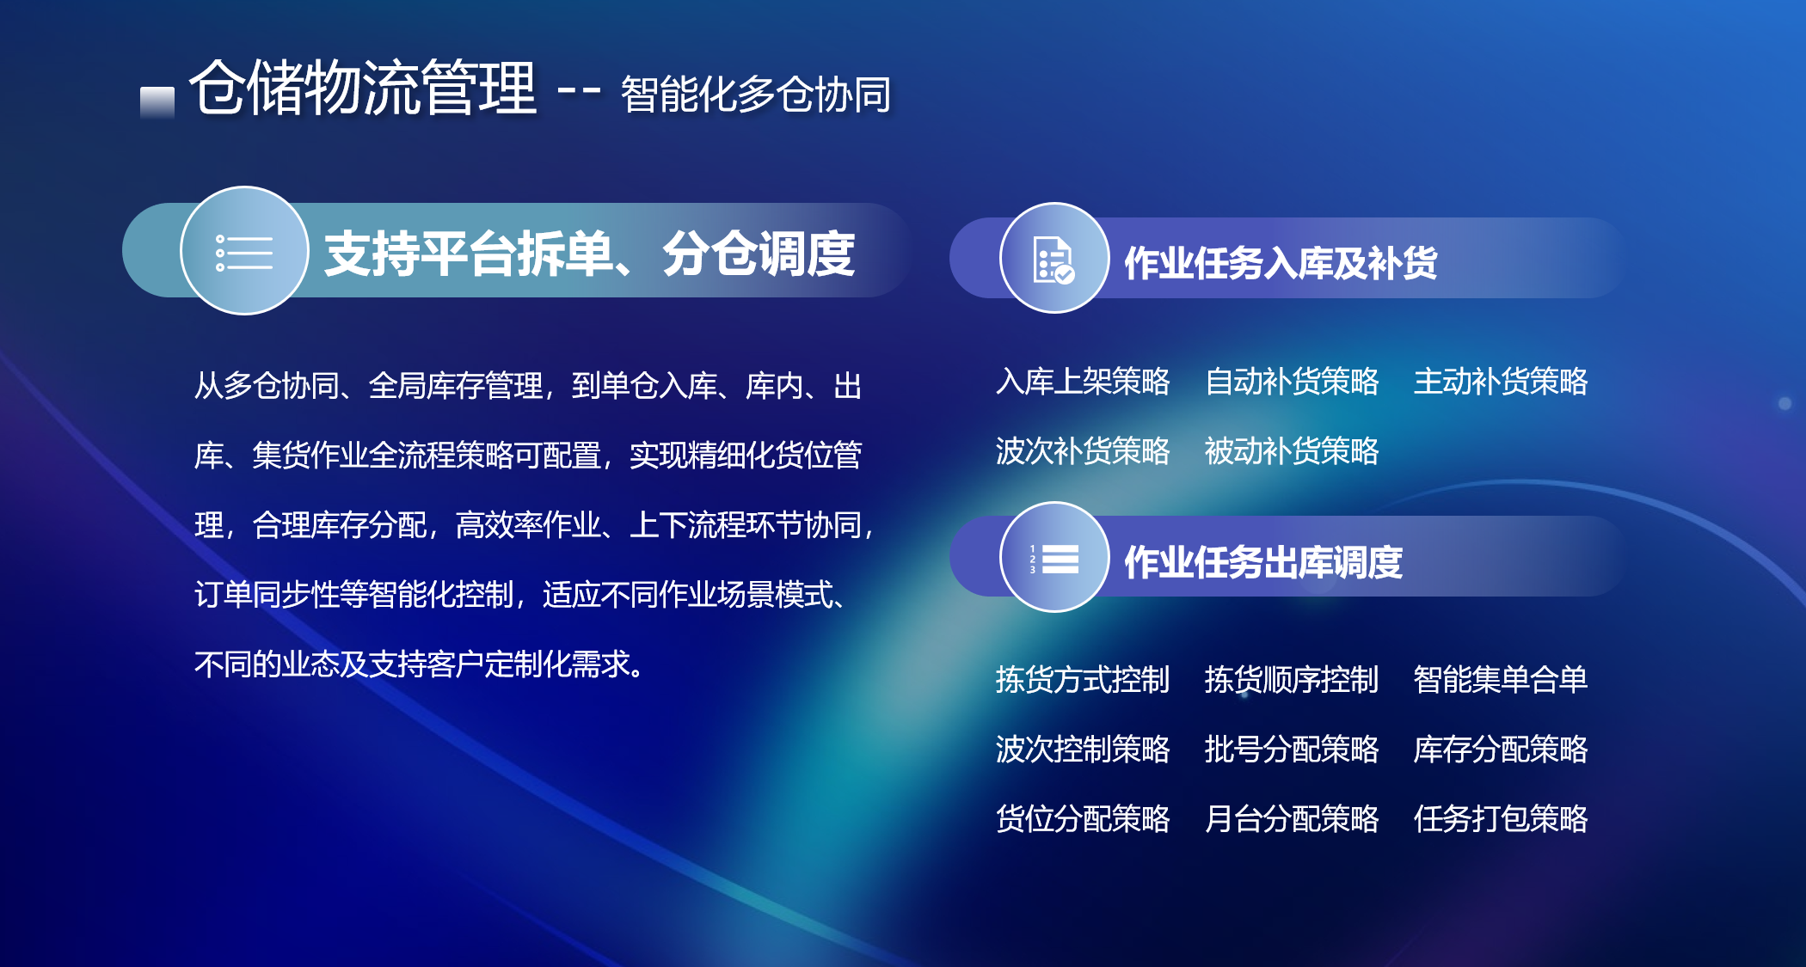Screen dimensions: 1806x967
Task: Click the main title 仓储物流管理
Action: coord(363,89)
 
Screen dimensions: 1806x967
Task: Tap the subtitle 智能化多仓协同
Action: coord(756,95)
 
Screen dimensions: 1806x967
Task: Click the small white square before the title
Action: coord(157,102)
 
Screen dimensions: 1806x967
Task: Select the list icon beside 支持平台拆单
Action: coord(244,252)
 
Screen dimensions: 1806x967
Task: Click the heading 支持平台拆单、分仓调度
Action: coord(589,254)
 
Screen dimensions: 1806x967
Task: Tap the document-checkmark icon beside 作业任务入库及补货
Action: coord(1053,260)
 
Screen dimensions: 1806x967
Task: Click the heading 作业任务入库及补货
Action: coord(1281,263)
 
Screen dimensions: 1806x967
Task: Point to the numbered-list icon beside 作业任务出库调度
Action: coord(1054,559)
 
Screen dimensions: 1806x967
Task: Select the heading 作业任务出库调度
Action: coord(1263,563)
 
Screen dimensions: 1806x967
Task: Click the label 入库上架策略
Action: coord(1083,381)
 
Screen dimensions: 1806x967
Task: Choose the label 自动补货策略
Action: coord(1292,381)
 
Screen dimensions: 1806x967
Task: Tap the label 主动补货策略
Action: coord(1501,381)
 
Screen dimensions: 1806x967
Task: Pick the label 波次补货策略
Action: coord(1083,450)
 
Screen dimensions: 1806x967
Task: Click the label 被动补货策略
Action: coord(1292,450)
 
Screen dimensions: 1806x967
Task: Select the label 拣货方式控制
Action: coord(1083,679)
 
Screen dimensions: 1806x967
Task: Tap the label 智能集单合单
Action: coord(1501,679)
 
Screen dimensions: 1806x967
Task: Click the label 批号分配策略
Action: coord(1292,749)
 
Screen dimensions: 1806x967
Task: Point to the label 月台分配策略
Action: coord(1292,818)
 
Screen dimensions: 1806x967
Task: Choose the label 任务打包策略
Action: coord(1501,818)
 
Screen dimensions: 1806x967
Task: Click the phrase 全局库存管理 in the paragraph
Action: coord(456,386)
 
